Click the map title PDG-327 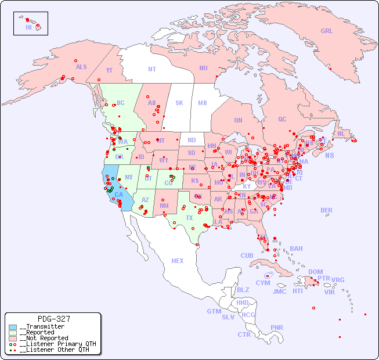click(53, 319)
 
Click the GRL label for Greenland click(327, 31)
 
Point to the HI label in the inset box click(28, 27)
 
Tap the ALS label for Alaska click(81, 67)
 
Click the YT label click(109, 70)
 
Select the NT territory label click(152, 69)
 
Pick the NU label click(203, 68)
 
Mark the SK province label click(179, 103)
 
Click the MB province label click(203, 103)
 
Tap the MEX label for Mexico click(178, 261)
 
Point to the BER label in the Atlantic click(326, 210)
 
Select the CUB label click(247, 255)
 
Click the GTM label click(214, 311)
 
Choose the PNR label click(277, 327)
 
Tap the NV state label click(129, 177)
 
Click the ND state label click(192, 140)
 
